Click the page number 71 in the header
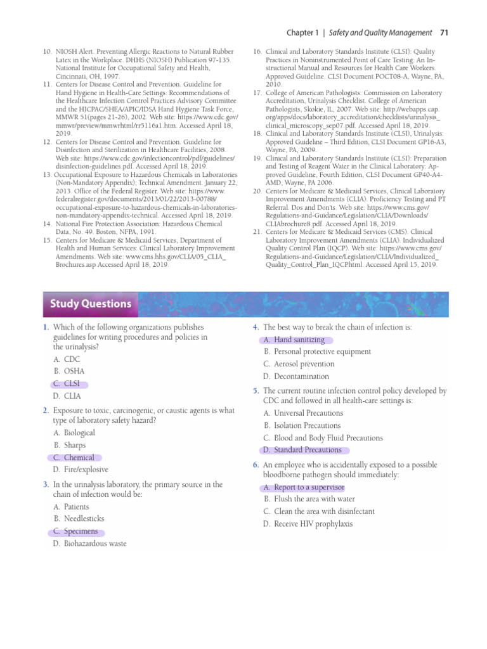tap(444, 32)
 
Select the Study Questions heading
tap(90, 304)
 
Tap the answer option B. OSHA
tap(69, 371)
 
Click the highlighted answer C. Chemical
tap(74, 458)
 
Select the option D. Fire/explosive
tap(81, 470)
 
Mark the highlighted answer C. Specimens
tap(75, 531)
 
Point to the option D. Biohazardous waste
tap(90, 544)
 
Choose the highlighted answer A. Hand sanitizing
tap(294, 340)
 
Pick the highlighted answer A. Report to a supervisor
tap(304, 487)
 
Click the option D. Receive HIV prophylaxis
tap(308, 524)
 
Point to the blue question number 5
tap(255, 391)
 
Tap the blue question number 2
tap(46, 411)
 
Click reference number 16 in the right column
tap(257, 51)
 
